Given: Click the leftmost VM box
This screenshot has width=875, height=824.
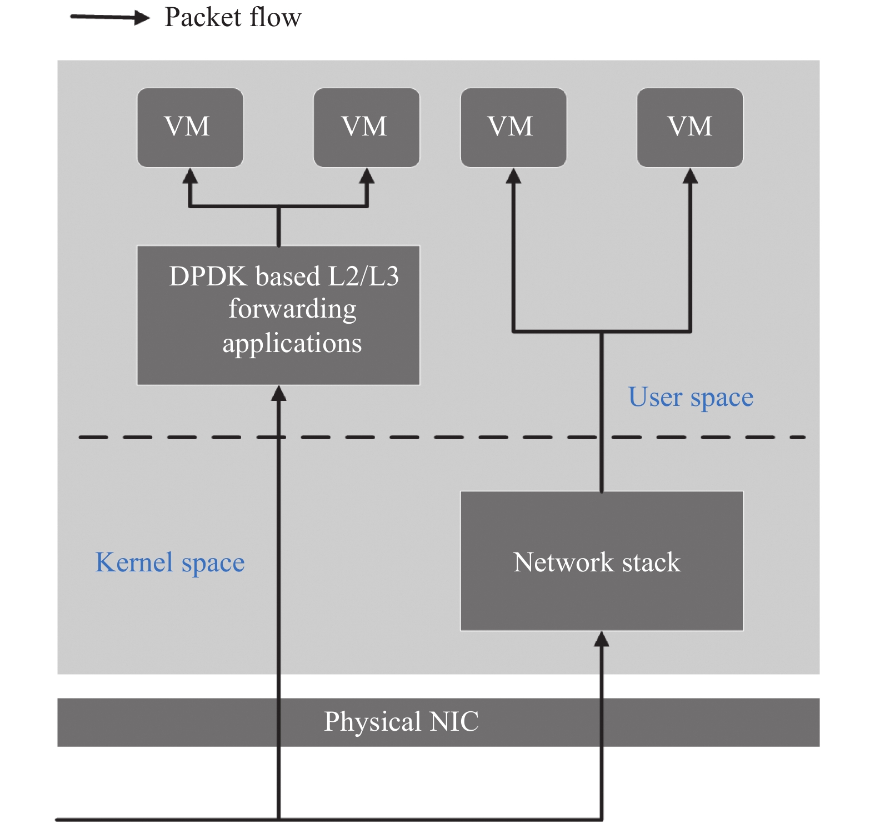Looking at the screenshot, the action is [190, 127].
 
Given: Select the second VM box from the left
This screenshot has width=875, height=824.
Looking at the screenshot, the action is [367, 127].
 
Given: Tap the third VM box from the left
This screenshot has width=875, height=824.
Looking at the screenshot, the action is [513, 127].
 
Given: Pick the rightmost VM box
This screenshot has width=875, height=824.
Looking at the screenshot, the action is [690, 127].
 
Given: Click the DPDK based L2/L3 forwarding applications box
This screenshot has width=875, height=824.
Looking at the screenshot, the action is [278, 315].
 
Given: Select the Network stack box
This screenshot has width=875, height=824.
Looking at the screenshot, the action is [602, 561].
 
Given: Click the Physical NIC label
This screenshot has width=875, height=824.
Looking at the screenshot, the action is [401, 722].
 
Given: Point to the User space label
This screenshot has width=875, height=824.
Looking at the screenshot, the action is [691, 398].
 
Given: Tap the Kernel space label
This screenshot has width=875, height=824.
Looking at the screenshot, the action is [170, 562].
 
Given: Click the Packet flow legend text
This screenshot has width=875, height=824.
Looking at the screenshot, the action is [233, 17].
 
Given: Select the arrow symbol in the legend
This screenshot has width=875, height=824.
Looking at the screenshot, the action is [110, 18].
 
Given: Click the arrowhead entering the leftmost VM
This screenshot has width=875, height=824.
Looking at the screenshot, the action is [190, 176].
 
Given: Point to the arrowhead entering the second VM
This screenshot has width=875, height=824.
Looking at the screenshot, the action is [367, 176].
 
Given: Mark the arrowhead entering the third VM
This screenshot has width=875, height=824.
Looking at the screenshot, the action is [513, 176].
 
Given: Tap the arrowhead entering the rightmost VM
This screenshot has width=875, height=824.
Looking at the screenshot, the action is [690, 176].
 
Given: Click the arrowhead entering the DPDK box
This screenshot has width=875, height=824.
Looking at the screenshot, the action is [278, 394].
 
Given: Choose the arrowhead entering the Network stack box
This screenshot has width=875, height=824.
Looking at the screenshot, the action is [602, 640].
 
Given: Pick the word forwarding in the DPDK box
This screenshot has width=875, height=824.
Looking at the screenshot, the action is [293, 310].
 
